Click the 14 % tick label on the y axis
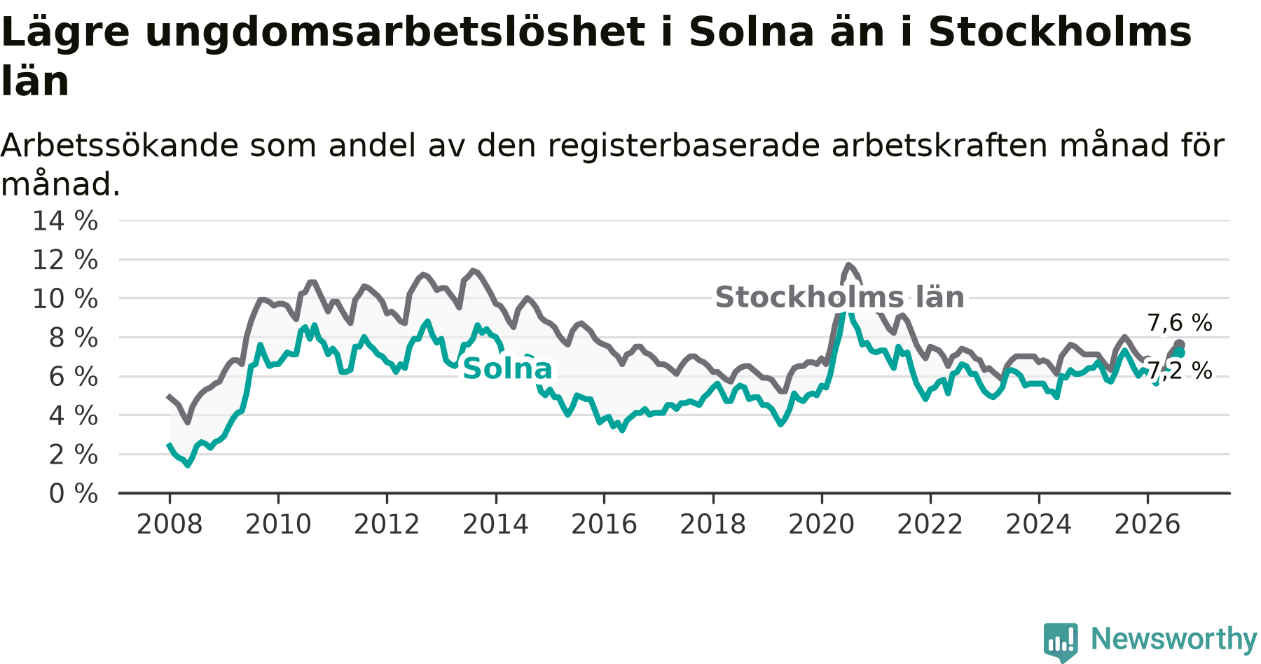[x=65, y=221]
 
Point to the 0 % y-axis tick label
[x=74, y=494]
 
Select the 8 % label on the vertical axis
[x=74, y=338]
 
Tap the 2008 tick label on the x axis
[x=170, y=525]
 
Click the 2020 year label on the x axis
[x=822, y=525]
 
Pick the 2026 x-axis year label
[x=1148, y=525]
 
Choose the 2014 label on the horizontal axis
[x=495, y=525]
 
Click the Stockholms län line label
[x=839, y=298]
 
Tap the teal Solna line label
[x=508, y=369]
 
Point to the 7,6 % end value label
[x=1180, y=323]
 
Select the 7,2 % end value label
[x=1180, y=371]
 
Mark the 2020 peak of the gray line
[x=848, y=265]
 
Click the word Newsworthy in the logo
[x=1174, y=639]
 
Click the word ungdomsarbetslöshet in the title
[x=395, y=32]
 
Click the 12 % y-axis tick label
[x=65, y=261]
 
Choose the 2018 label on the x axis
[x=713, y=525]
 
